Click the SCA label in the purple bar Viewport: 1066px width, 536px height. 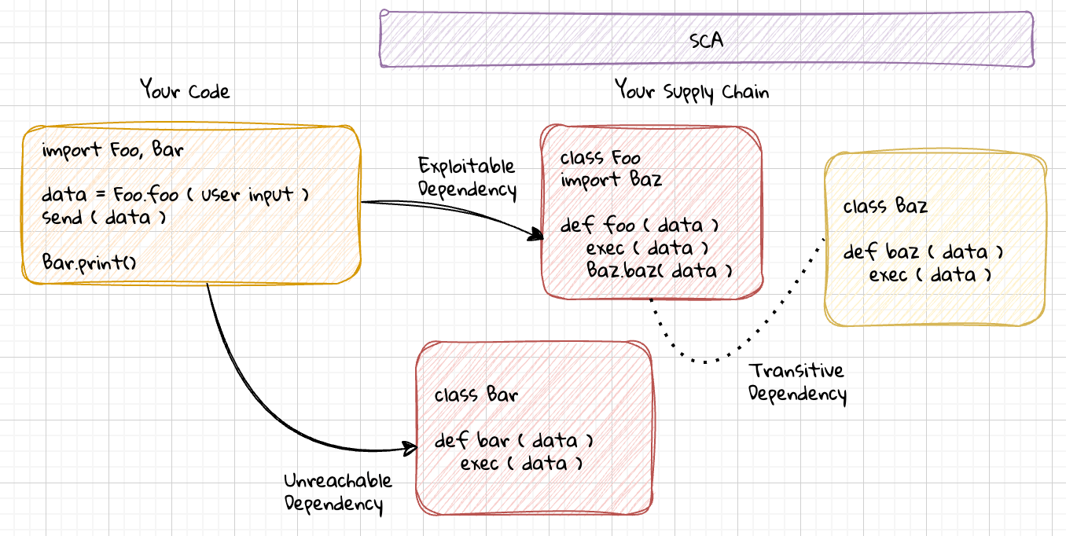pyautogui.click(x=706, y=40)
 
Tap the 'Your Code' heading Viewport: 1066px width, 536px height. pyautogui.click(x=185, y=90)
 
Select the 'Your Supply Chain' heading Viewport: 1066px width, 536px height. pyautogui.click(x=692, y=90)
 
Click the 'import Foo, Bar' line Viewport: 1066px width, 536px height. pyautogui.click(x=112, y=150)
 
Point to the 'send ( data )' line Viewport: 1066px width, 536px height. pyautogui.click(x=104, y=218)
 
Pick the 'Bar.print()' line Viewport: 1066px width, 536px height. pyautogui.click(x=89, y=262)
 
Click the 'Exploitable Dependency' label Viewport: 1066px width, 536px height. pyautogui.click(x=467, y=178)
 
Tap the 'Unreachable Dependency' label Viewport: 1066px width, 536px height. pyautogui.click(x=338, y=493)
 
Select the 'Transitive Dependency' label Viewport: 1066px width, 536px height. pyautogui.click(x=797, y=383)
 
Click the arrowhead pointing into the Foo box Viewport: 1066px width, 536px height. pyautogui.click(x=538, y=234)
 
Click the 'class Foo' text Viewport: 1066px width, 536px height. pyautogui.click(x=600, y=157)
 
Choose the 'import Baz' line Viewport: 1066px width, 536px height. pyautogui.click(x=611, y=180)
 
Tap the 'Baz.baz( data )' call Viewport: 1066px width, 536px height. pyautogui.click(x=659, y=270)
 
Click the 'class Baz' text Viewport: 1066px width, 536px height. pyautogui.click(x=885, y=207)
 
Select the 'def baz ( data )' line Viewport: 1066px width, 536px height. pyautogui.click(x=923, y=251)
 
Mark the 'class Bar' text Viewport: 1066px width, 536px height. pyautogui.click(x=476, y=395)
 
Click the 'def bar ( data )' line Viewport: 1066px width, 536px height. pyautogui.click(x=513, y=440)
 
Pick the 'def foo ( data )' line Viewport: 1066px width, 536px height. pyautogui.click(x=639, y=225)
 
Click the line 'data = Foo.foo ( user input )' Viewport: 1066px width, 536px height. pyautogui.click(x=175, y=195)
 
